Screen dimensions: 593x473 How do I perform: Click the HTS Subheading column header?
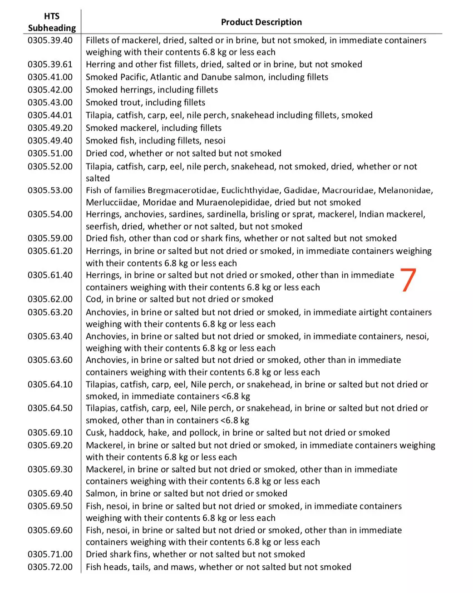(52, 22)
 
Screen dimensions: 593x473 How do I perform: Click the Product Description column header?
(261, 22)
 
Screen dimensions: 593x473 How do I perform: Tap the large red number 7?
(408, 280)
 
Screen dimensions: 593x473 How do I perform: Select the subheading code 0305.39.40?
(50, 40)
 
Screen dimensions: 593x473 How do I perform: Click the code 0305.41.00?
(50, 77)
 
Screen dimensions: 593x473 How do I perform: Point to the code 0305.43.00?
(50, 102)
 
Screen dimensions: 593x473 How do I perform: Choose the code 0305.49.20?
(50, 128)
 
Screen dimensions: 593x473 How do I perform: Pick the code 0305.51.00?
(50, 153)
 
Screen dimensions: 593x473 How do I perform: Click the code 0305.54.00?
(50, 214)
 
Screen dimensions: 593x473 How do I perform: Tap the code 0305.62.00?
(50, 299)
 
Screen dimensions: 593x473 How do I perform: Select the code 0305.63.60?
(50, 360)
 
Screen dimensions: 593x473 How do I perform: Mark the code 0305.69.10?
(50, 432)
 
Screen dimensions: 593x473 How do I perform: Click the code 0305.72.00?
(50, 567)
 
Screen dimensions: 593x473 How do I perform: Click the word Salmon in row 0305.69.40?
(100, 493)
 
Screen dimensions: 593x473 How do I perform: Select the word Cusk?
(96, 432)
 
